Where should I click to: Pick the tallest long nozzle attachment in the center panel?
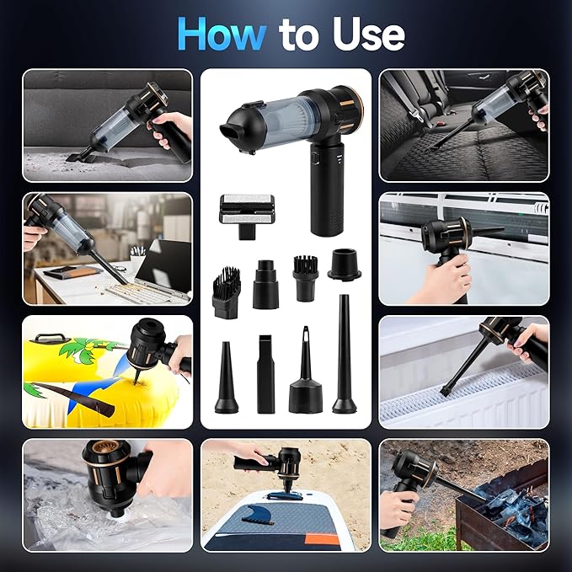coord(345,354)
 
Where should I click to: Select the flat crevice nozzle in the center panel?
coord(265,375)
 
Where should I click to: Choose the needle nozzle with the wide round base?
coord(305,379)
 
